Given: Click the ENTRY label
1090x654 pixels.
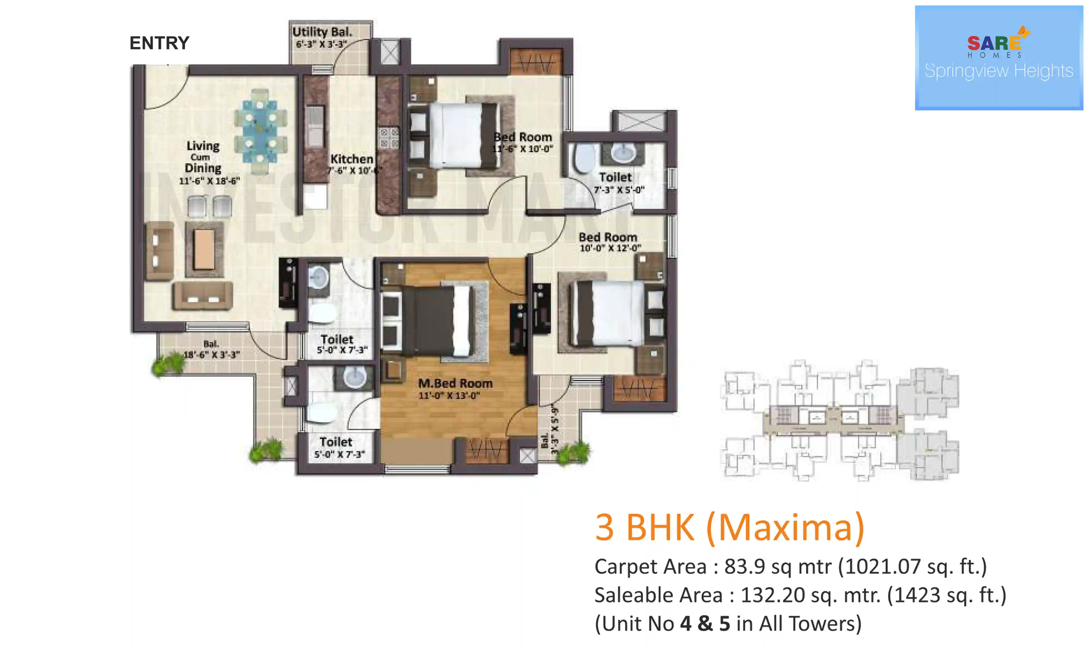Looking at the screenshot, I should [x=159, y=43].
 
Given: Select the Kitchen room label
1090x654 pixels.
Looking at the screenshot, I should [x=352, y=159].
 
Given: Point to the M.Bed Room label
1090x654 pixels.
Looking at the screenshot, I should [x=455, y=383].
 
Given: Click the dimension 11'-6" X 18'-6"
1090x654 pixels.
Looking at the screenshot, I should [x=209, y=181].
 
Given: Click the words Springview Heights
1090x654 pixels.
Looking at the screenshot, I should [x=998, y=71].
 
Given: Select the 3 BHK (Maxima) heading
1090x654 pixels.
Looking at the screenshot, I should [x=729, y=528].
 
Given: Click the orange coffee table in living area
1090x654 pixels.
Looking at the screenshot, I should [x=204, y=249].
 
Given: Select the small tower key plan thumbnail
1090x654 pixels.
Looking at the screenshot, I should [x=839, y=420].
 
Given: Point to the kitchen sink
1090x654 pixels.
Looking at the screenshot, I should [x=314, y=126].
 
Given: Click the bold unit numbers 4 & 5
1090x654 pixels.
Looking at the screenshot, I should [x=705, y=623].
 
